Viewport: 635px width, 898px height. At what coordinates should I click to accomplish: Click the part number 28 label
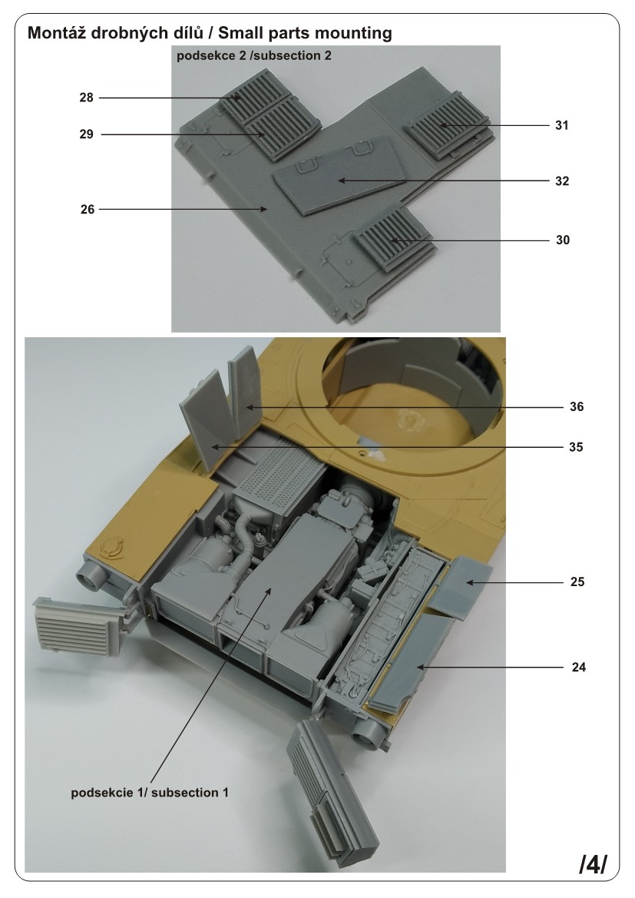[87, 98]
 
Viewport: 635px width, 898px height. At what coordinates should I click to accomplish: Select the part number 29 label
[87, 134]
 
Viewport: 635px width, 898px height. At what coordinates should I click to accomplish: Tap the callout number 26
[87, 210]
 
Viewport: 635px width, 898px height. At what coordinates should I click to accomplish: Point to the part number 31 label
[562, 125]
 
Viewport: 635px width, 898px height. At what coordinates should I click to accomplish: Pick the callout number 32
[562, 181]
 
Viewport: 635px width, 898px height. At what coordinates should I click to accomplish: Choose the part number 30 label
[562, 240]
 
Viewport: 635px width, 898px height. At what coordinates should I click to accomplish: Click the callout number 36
[577, 406]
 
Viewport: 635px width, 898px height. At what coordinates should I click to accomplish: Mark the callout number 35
[576, 447]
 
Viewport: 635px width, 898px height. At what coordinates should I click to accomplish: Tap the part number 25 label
[577, 582]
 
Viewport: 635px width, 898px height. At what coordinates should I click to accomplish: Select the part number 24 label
[578, 668]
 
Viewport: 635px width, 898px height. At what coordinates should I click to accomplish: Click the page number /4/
[593, 865]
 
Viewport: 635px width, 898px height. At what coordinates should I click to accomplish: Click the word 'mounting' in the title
[355, 34]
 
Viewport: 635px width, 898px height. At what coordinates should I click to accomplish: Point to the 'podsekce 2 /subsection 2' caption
[253, 55]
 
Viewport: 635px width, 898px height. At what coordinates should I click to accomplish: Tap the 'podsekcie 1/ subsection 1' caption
[150, 793]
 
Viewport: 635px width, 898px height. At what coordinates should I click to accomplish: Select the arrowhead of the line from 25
[468, 582]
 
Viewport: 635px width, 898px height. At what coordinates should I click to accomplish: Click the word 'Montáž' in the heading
[57, 32]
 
